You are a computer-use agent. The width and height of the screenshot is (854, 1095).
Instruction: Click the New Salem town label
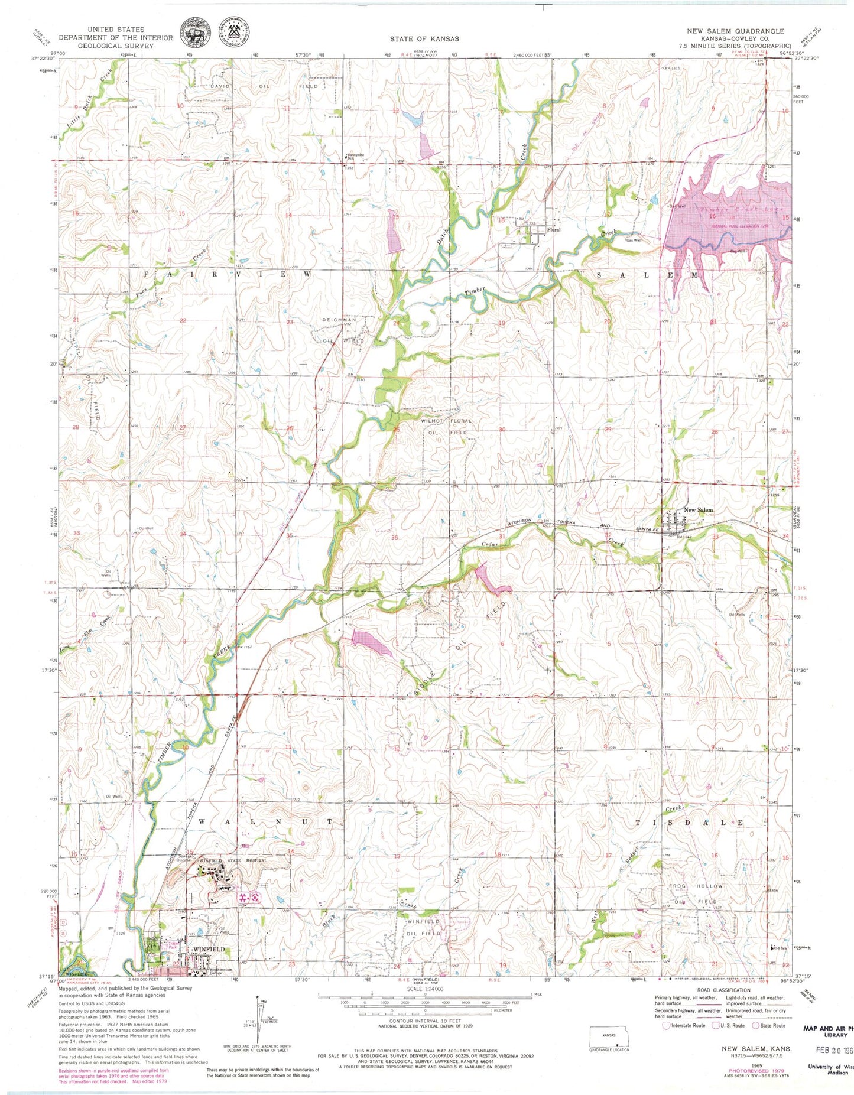tap(698, 510)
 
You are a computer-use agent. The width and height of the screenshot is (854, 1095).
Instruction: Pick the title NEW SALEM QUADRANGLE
tap(735, 31)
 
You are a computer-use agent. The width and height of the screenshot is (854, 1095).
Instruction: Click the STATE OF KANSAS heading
tap(424, 38)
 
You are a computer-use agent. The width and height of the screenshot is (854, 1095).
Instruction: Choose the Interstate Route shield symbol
tap(666, 1025)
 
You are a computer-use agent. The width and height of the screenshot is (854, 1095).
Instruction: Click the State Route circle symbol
tap(755, 1025)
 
